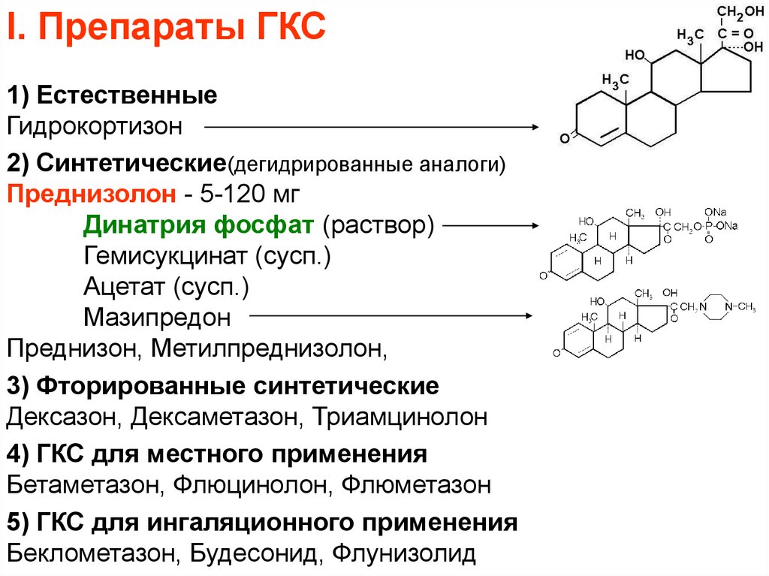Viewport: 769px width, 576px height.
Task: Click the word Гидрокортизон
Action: pos(95,126)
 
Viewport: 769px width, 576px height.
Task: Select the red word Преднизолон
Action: pos(89,195)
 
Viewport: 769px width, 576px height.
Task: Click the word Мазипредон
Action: pos(157,317)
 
